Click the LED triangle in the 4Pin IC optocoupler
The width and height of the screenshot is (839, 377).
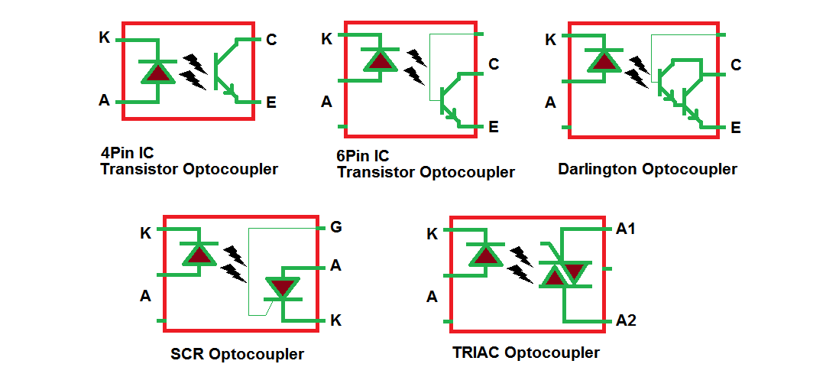pyautogui.click(x=158, y=73)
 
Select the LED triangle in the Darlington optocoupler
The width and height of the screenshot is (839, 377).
pyautogui.click(x=604, y=61)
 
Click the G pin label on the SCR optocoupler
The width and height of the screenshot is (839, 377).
pyautogui.click(x=335, y=227)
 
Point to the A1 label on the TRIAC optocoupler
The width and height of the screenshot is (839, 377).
pyautogui.click(x=626, y=228)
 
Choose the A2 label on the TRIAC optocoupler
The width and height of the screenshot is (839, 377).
pyautogui.click(x=626, y=320)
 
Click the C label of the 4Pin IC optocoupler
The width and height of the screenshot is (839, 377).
pyautogui.click(x=271, y=40)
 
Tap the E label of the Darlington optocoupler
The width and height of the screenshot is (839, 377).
pyautogui.click(x=735, y=128)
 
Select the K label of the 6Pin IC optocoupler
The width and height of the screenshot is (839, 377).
pyautogui.click(x=326, y=39)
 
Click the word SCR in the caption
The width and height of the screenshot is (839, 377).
pyautogui.click(x=187, y=354)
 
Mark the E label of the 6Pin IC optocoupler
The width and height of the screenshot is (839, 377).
pyautogui.click(x=493, y=127)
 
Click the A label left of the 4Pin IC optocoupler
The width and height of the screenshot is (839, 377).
pyautogui.click(x=104, y=100)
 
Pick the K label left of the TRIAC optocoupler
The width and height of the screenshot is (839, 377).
pyautogui.click(x=432, y=234)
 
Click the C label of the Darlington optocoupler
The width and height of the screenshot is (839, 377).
pyautogui.click(x=735, y=65)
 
